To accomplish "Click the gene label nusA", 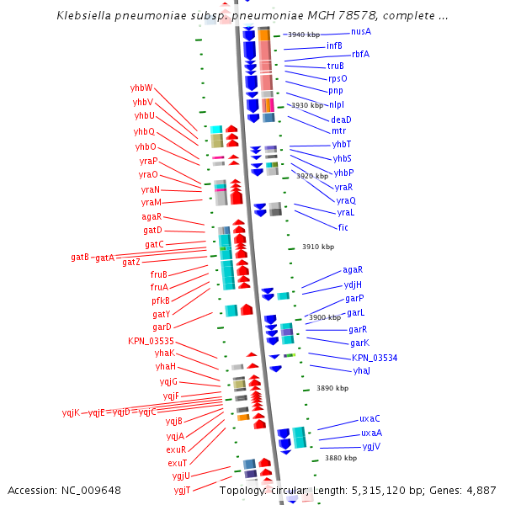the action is point(361,31).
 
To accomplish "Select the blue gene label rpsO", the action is point(337,78).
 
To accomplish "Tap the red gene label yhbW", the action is point(141,88).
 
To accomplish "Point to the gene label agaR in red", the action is point(151,216).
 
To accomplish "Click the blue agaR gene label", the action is point(353,270).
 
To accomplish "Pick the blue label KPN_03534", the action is point(375,358).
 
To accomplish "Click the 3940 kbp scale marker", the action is point(303,35).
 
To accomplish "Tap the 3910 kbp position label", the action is point(318,247).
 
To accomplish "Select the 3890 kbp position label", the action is point(332,388).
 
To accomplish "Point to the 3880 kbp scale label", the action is point(341,458).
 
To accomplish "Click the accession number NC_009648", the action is point(93,490).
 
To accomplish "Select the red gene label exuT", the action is point(177,463).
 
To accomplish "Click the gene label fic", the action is point(343,227).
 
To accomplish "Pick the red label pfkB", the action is point(160,300).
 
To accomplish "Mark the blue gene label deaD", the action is point(341,120).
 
